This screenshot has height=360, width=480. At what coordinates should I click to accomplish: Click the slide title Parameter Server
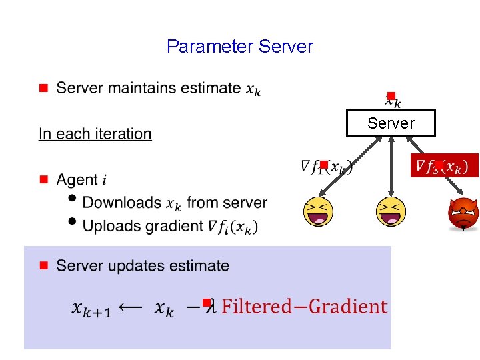(239, 47)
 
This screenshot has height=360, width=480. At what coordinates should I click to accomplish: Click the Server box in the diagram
(391, 123)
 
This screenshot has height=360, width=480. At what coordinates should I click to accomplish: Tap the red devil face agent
(463, 214)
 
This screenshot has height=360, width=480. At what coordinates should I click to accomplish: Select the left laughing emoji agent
(318, 212)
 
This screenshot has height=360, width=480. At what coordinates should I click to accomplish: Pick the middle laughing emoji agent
(391, 212)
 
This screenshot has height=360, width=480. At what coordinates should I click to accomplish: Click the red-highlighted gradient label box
(444, 165)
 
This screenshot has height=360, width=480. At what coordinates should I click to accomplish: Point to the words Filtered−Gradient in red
(304, 307)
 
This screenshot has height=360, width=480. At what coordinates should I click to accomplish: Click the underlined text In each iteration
(95, 134)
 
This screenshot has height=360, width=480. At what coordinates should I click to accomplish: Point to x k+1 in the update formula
(91, 309)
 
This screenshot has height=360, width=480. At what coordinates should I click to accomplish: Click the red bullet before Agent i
(43, 179)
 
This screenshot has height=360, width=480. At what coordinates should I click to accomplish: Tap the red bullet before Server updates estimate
(43, 265)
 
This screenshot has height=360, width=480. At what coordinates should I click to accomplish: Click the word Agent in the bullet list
(77, 180)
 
